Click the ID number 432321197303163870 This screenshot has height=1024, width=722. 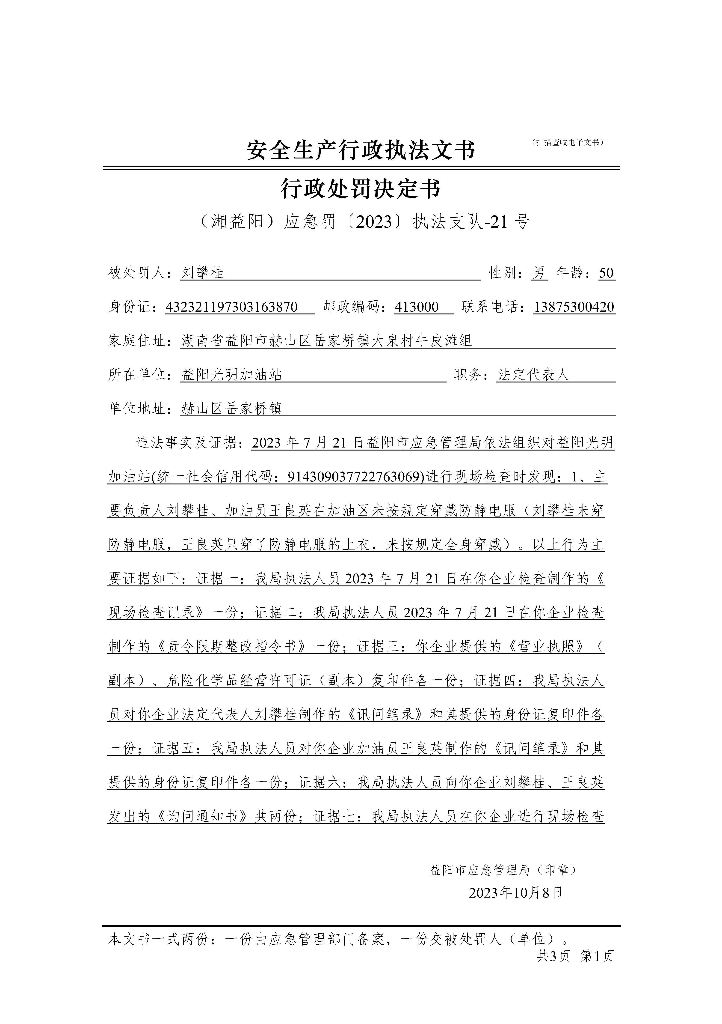pyautogui.click(x=232, y=307)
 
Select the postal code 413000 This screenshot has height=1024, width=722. pyautogui.click(x=417, y=307)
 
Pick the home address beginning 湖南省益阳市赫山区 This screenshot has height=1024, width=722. pyautogui.click(x=326, y=341)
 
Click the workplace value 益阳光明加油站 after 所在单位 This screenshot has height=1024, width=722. pyautogui.click(x=232, y=375)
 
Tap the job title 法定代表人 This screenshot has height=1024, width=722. pyautogui.click(x=533, y=375)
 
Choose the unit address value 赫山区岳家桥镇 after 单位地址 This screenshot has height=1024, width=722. pyautogui.click(x=232, y=409)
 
